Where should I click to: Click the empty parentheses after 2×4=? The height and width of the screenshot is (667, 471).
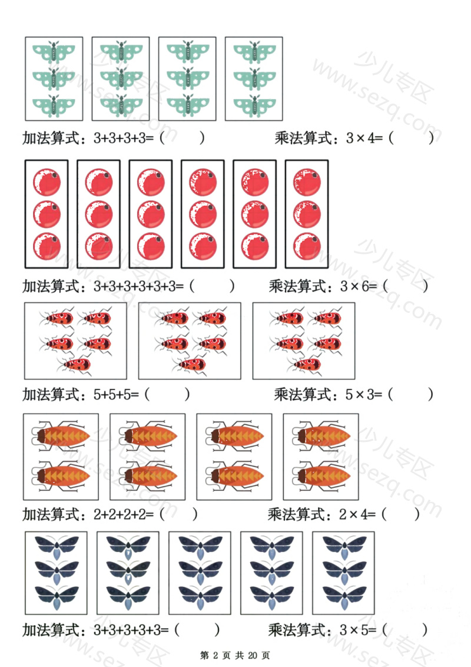click(400, 514)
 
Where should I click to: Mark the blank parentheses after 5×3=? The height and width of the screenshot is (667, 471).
click(411, 394)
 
